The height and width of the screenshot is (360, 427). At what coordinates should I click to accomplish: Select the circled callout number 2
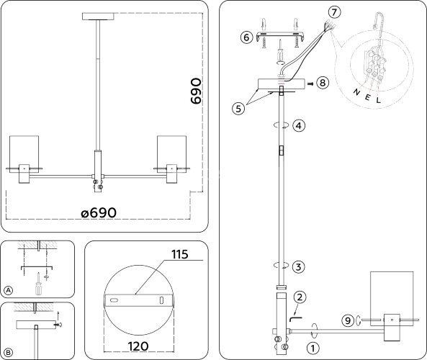300,297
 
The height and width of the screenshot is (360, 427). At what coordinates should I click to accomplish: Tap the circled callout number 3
300,266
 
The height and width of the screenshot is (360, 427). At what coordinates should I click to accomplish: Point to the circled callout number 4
300,125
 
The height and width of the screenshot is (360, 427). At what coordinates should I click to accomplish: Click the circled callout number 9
347,322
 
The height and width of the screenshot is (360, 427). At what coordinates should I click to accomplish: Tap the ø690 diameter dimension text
99,214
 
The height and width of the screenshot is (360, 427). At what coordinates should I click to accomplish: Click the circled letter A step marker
9,290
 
